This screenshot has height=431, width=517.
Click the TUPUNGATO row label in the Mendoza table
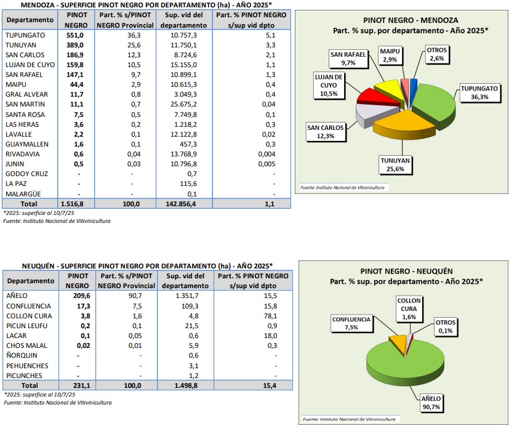(25, 35)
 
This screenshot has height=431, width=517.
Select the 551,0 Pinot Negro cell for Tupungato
(75, 35)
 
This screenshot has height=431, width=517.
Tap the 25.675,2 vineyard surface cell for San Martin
(183, 104)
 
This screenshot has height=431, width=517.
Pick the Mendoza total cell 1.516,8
(72, 204)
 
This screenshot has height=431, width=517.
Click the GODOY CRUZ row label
(26, 174)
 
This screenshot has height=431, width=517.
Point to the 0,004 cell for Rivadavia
(267, 154)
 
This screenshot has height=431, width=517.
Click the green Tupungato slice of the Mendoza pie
(435, 102)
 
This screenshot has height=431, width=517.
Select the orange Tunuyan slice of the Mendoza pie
(403, 124)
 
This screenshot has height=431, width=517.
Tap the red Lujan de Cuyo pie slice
(379, 98)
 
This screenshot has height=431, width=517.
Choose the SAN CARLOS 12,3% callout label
(326, 132)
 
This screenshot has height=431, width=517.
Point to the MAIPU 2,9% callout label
(390, 55)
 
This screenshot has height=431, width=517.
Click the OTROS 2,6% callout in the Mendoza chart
(436, 54)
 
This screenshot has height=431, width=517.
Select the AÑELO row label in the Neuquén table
(17, 296)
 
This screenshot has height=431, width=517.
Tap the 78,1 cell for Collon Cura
(270, 316)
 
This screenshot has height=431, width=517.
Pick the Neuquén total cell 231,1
(81, 385)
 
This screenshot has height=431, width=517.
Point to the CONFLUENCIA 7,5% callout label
(351, 323)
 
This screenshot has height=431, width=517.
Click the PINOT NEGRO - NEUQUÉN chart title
(406, 272)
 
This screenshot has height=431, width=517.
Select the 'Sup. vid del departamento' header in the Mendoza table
(183, 20)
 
